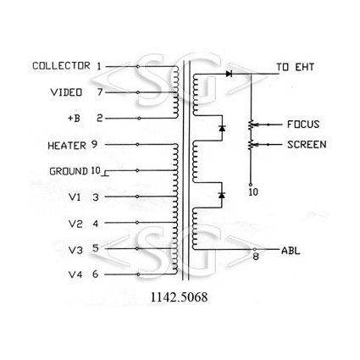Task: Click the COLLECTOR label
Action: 61,66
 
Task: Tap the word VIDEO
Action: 66,92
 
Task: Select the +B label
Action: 74,118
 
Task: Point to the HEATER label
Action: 67,146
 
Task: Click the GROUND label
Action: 69,171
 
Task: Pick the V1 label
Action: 75,197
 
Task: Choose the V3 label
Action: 75,250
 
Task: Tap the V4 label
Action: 75,274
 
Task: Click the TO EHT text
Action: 295,67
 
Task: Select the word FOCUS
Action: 303,125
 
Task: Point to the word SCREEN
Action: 307,145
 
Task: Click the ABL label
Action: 291,251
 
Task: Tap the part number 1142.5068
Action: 179,297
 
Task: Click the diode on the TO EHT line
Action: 229,74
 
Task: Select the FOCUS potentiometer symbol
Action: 251,125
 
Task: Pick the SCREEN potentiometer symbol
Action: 251,145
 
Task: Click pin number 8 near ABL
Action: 256,257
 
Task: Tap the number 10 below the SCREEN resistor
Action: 253,192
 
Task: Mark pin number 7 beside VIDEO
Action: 100,91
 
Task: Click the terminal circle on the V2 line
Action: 137,223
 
